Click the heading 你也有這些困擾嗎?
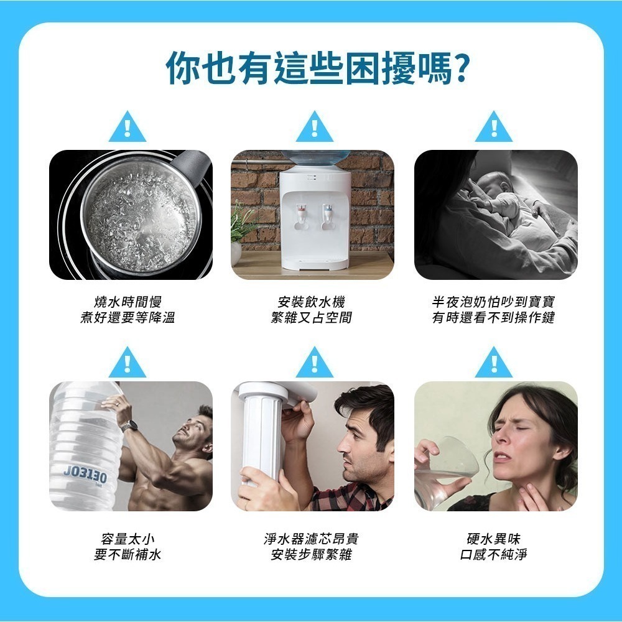317,68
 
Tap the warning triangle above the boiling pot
128,127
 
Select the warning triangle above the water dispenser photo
315,127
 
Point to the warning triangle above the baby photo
494,127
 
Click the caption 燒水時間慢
128,302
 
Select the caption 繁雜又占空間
312,317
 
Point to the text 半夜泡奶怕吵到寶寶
493,302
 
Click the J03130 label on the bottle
85,475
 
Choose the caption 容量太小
128,539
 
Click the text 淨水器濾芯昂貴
312,539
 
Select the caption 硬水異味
493,539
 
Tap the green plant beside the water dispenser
241,222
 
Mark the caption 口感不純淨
493,555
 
